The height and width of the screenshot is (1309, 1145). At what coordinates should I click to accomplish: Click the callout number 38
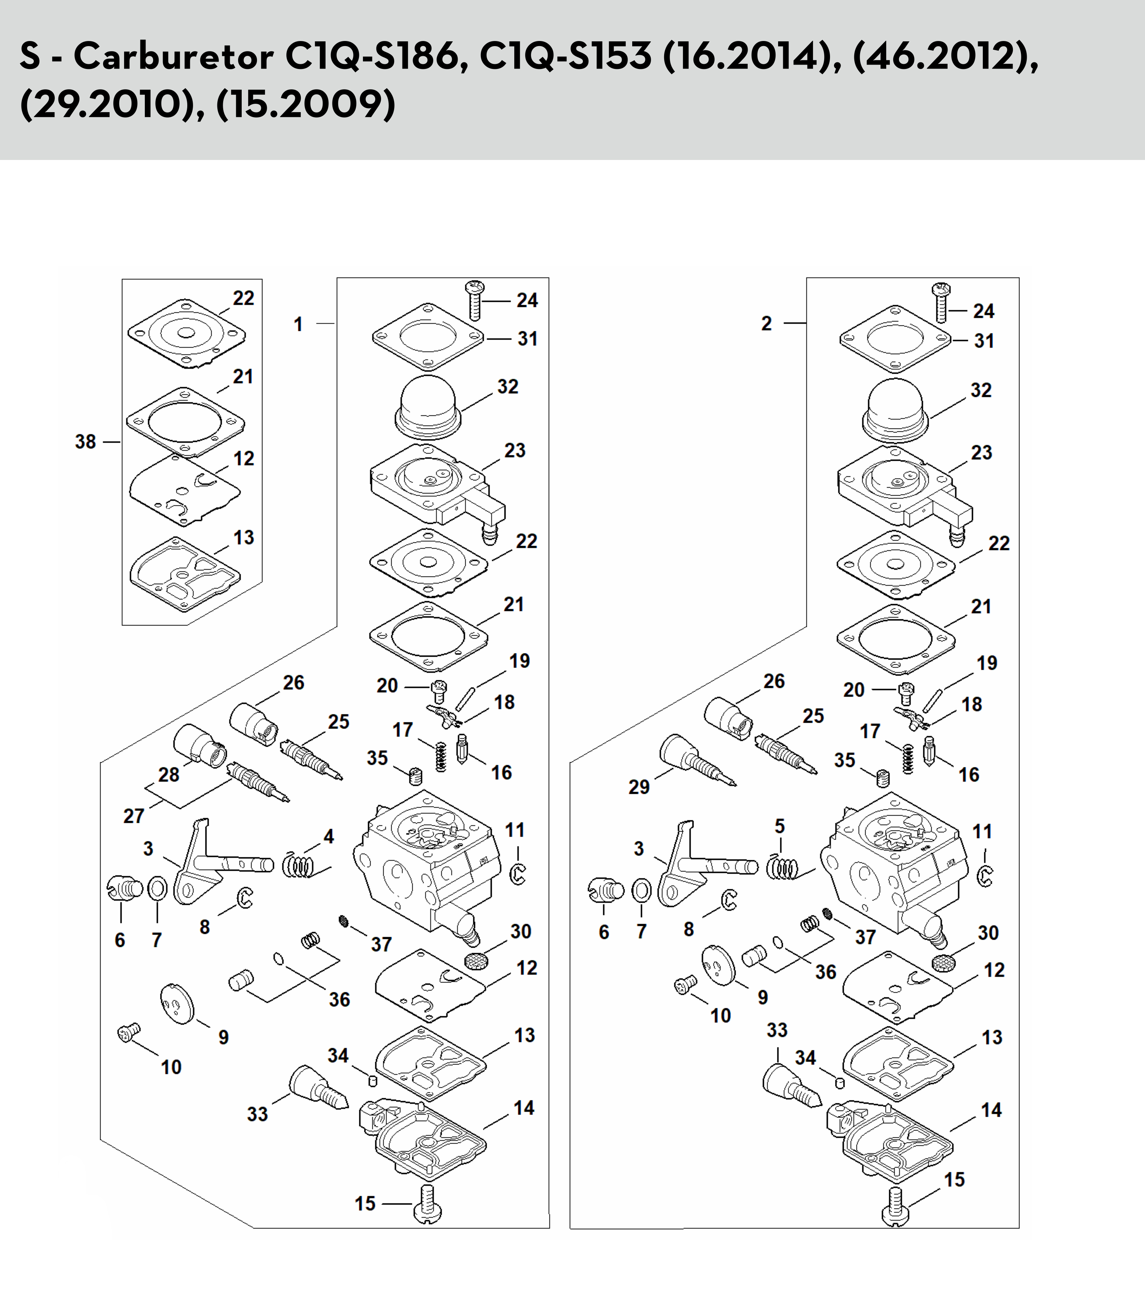tap(86, 442)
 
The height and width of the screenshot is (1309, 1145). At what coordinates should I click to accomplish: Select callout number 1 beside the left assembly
tap(298, 325)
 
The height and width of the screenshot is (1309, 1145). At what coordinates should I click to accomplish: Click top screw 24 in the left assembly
tap(474, 300)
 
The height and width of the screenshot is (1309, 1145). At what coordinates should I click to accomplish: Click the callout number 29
tap(639, 787)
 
